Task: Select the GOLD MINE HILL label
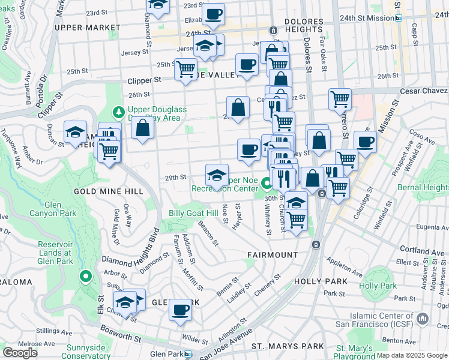(108, 191)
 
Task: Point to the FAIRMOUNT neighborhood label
(273, 255)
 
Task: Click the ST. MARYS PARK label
(288, 346)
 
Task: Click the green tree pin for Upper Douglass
(119, 112)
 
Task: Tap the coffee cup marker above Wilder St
(180, 310)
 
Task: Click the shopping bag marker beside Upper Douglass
(143, 128)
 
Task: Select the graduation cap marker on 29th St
(217, 175)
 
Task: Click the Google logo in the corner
(20, 352)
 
